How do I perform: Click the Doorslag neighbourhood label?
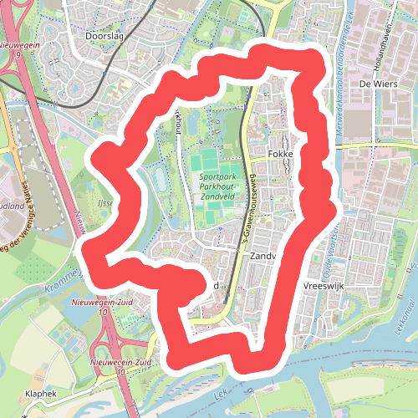[104, 36]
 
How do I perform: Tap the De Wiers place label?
[375, 84]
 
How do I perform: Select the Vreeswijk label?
[325, 286]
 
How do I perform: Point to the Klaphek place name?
[40, 392]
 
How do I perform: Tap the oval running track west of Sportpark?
[157, 178]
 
